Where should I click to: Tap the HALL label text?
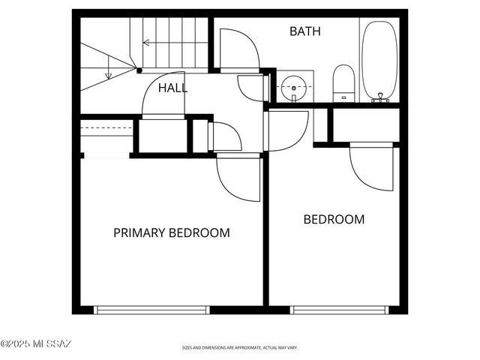172,88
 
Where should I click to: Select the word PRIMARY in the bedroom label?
139,232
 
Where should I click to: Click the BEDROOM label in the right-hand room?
334,220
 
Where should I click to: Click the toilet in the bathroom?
343,81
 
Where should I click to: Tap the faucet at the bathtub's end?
380,97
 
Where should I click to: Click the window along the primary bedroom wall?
151,310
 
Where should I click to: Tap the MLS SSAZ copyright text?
36,344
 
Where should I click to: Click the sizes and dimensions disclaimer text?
240,348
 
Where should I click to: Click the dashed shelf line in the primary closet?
106,128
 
